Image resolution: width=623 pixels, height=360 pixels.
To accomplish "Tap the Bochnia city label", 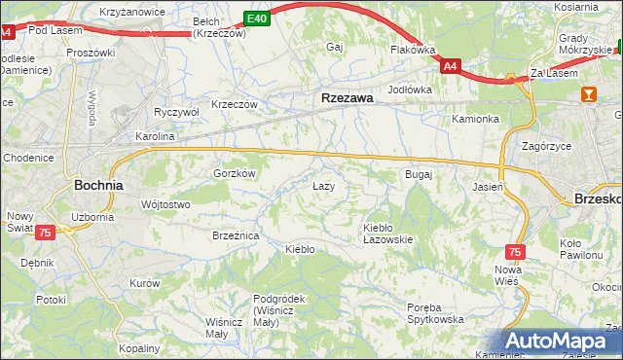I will (98, 184).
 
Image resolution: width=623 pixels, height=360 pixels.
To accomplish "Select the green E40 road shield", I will (256, 18).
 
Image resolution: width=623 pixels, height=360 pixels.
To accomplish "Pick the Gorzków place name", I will (235, 173).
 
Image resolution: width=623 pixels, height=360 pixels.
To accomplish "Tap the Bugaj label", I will (418, 174).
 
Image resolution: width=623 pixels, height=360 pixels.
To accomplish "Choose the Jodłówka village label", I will (409, 90).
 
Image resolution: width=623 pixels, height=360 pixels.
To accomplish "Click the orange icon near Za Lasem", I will (588, 94).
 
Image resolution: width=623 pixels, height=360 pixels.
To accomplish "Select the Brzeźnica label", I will (236, 235).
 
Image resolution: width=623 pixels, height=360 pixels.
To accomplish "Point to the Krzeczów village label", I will (235, 104).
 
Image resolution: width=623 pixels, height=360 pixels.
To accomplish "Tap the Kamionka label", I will (475, 120).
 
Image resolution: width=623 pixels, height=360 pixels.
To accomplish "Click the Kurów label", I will (144, 283).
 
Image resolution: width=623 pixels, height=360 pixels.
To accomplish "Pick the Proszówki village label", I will (91, 53).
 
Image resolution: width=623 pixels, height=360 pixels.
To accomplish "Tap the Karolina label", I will (154, 137).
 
